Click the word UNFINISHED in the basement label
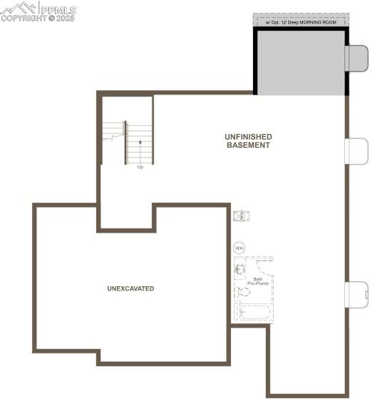[x=248, y=136]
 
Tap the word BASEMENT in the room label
[x=248, y=145]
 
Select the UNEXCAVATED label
[x=130, y=288]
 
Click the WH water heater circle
[x=240, y=248]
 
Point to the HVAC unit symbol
[x=241, y=215]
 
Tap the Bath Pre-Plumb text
[x=257, y=281]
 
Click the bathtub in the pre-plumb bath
[x=254, y=312]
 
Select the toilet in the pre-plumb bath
[x=244, y=292]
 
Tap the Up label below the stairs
[x=140, y=167]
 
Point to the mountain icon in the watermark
[x=19, y=8]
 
